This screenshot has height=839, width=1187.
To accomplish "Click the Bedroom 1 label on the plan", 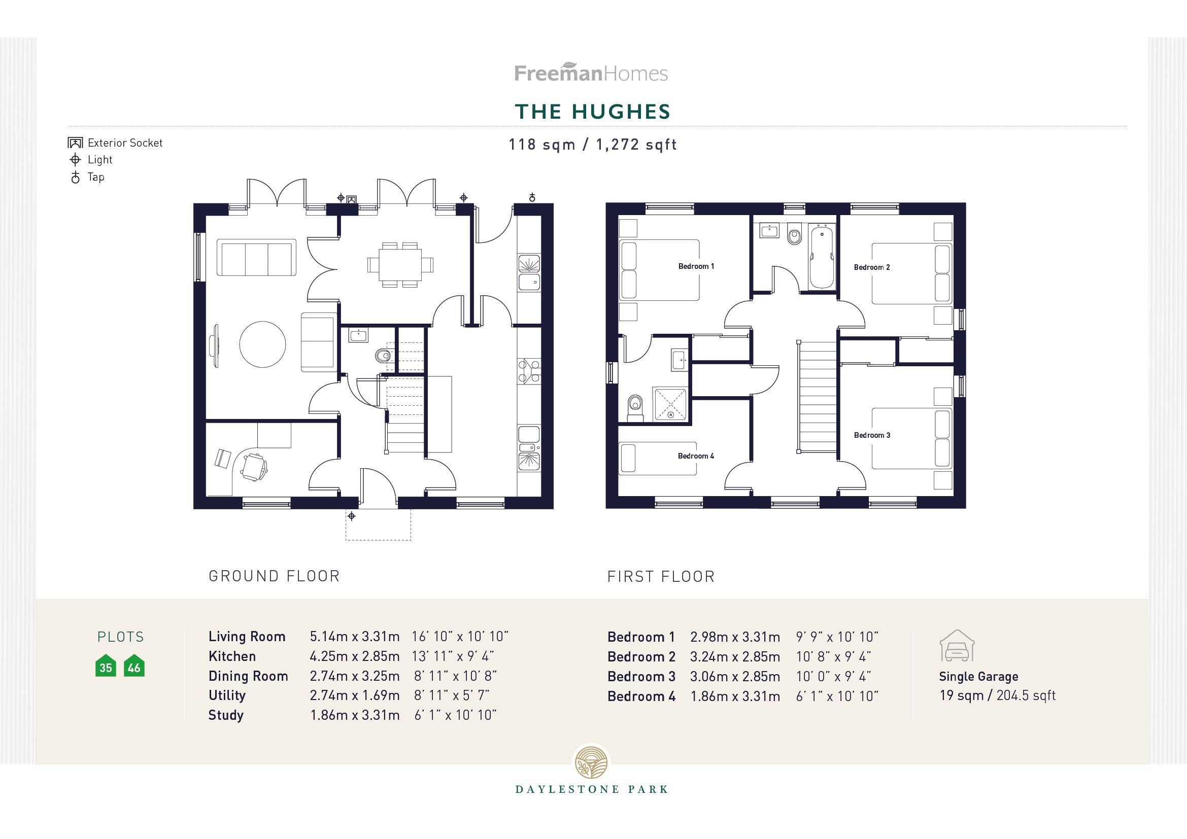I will [696, 267].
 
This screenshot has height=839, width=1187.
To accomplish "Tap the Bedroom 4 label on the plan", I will [696, 456].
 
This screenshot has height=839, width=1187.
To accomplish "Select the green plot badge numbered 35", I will [106, 667].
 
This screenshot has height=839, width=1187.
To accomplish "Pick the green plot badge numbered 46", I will [134, 667].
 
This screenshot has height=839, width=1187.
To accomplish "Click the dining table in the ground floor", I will [400, 264].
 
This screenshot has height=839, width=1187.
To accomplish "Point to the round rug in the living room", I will [263, 344].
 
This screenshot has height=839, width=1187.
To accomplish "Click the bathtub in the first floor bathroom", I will [822, 257].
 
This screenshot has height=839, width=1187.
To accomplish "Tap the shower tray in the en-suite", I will [670, 404].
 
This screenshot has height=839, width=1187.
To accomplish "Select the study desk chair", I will [254, 467].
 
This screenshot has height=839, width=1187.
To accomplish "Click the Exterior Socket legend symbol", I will [76, 143].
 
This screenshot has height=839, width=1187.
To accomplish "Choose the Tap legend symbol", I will [76, 177].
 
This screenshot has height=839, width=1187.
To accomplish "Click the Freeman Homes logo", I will [591, 73].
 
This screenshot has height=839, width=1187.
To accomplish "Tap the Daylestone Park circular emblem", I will [591, 762].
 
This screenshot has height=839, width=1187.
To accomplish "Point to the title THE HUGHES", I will [592, 112].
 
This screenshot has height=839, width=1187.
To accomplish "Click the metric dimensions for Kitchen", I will [354, 656].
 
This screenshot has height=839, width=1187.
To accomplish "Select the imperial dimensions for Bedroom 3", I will [833, 677].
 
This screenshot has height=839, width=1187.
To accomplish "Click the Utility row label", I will [227, 696].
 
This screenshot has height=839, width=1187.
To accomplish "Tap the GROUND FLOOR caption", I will [274, 577].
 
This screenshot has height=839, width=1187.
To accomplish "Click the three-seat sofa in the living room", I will [256, 258].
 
